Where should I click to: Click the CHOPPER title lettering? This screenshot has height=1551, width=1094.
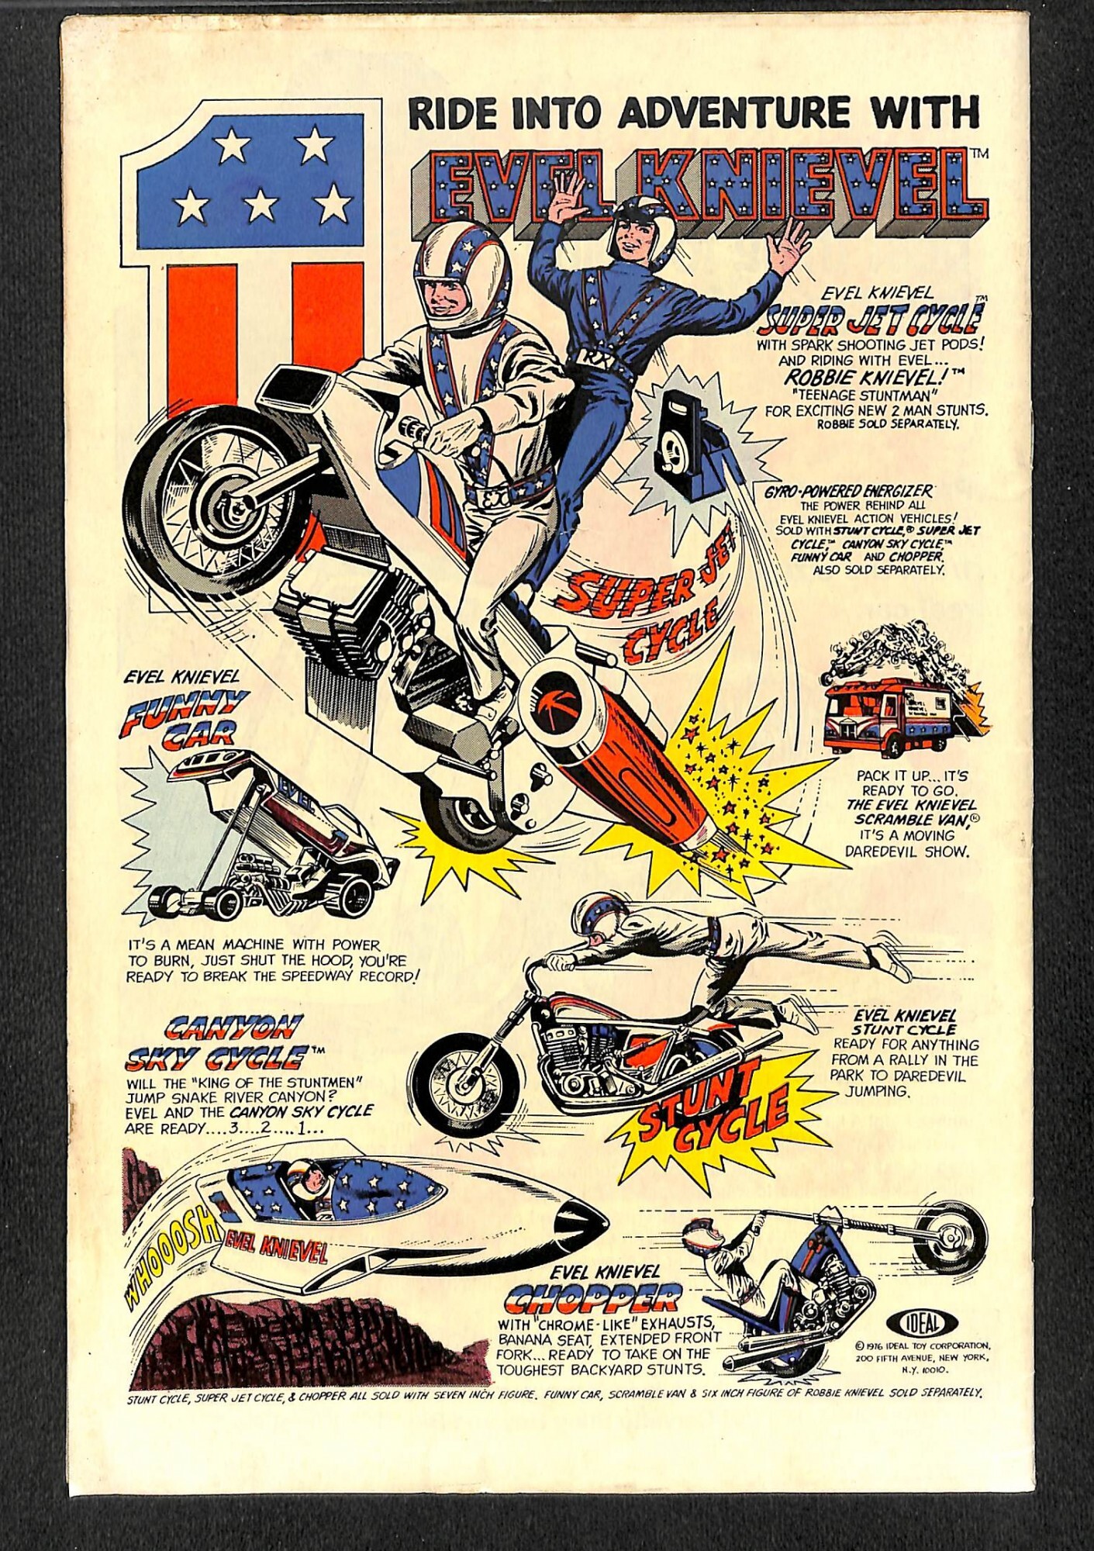click(x=594, y=1297)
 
